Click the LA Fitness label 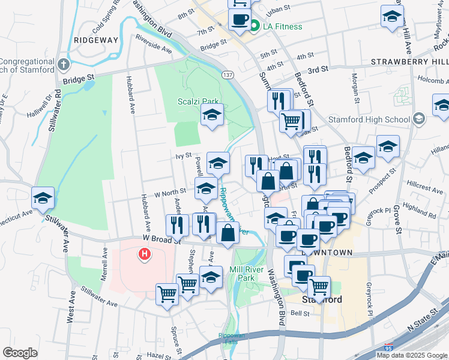(281, 26)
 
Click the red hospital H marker (144, 255)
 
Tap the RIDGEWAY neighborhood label (96, 40)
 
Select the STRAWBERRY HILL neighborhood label (409, 62)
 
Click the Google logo (20, 353)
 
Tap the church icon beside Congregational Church (64, 64)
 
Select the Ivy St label (183, 155)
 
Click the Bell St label (300, 313)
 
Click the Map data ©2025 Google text (412, 355)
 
